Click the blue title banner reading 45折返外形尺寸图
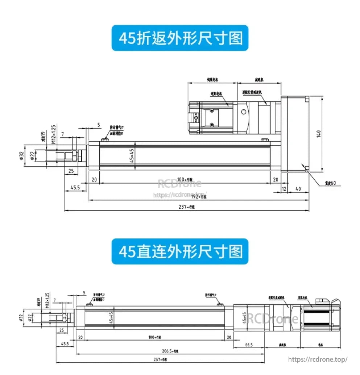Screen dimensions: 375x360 (180, 38)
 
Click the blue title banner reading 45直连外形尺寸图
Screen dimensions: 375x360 (180, 251)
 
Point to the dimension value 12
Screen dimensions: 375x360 (284, 189)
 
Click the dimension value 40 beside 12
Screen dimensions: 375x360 (298, 189)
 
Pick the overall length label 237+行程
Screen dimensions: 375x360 (187, 207)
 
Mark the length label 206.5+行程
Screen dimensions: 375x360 (170, 351)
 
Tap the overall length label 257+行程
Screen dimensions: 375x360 (160, 360)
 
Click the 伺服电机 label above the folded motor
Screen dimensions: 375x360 (212, 79)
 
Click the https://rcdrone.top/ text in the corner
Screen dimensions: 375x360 (318, 359)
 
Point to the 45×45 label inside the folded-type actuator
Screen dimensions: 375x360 (132, 156)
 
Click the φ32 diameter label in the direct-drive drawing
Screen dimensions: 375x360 (21, 318)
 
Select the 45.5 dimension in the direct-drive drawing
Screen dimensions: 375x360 (65, 343)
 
